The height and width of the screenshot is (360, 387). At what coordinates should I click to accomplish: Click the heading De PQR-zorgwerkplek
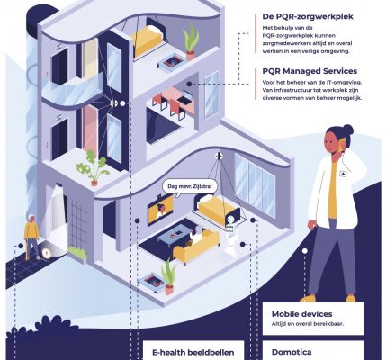pos(308,17)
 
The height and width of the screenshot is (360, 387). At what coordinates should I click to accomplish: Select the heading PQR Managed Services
pos(310,71)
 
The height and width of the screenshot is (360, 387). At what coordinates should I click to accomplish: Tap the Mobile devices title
pos(301,314)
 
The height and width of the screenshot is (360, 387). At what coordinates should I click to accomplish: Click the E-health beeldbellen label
pos(193,352)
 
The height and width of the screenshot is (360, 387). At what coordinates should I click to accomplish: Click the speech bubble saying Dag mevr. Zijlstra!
pos(190,187)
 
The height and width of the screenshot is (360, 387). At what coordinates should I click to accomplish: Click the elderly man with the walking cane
pos(31,236)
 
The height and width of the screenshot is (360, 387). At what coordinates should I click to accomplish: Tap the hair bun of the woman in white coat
pos(348,130)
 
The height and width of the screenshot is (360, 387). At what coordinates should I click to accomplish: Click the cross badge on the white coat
pos(343,174)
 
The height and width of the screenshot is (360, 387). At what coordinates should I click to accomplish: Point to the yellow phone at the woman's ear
pos(340,146)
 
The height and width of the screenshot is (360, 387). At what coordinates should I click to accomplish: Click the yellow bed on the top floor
pos(147,40)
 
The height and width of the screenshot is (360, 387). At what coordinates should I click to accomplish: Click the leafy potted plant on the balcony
pos(92,168)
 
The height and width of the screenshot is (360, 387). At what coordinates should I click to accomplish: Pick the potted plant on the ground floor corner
pos(169,277)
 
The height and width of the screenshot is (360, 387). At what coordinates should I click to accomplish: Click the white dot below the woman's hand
pos(305,251)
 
